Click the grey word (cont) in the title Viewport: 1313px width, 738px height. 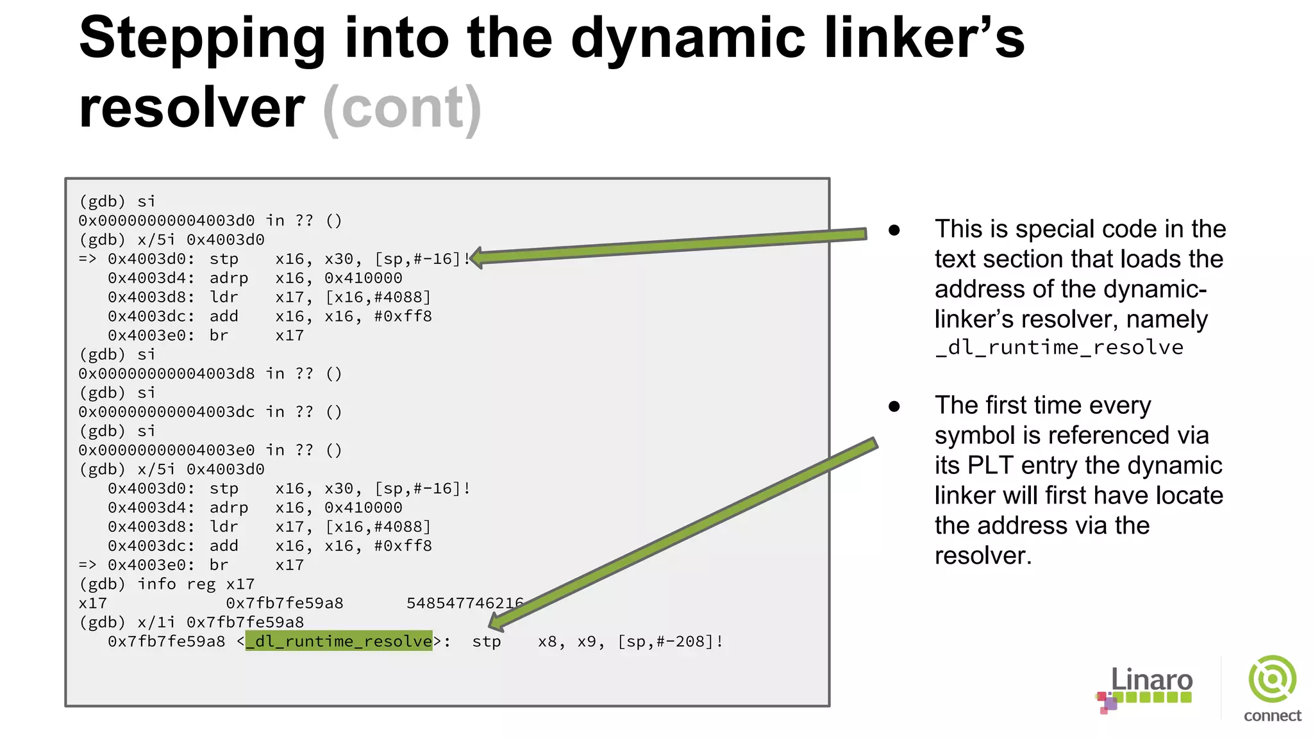(402, 109)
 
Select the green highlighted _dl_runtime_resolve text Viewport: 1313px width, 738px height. (339, 641)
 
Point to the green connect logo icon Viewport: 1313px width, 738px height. (1272, 680)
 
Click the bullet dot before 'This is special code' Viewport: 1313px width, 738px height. (894, 230)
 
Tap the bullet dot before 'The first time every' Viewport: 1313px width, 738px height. (894, 406)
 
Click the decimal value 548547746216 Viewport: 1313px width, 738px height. (465, 603)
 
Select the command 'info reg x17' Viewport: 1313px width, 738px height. (196, 584)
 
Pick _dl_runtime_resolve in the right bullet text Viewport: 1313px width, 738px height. (1059, 348)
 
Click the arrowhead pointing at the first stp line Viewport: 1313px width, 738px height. (478, 258)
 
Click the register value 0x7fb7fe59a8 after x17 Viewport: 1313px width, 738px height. (284, 603)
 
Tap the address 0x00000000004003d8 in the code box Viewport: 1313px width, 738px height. (167, 373)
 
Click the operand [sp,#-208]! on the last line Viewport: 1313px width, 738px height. (671, 642)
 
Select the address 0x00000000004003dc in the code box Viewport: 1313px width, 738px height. (167, 412)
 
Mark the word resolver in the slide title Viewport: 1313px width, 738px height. (192, 108)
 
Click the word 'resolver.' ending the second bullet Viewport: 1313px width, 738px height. (983, 556)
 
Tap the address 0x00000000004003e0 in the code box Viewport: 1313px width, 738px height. (167, 450)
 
